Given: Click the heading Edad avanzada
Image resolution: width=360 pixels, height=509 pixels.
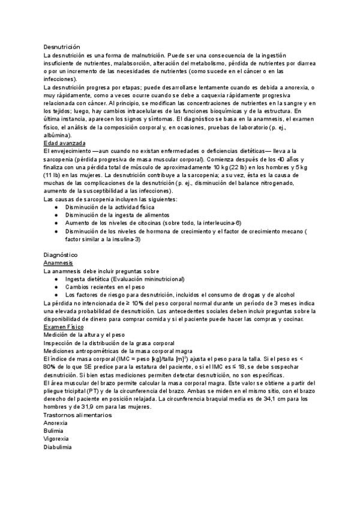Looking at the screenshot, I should (x=65, y=143).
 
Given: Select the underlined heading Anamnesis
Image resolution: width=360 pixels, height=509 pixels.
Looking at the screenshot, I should (x=59, y=263).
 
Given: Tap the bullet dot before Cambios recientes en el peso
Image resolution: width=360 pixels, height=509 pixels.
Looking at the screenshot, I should (x=56, y=287).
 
